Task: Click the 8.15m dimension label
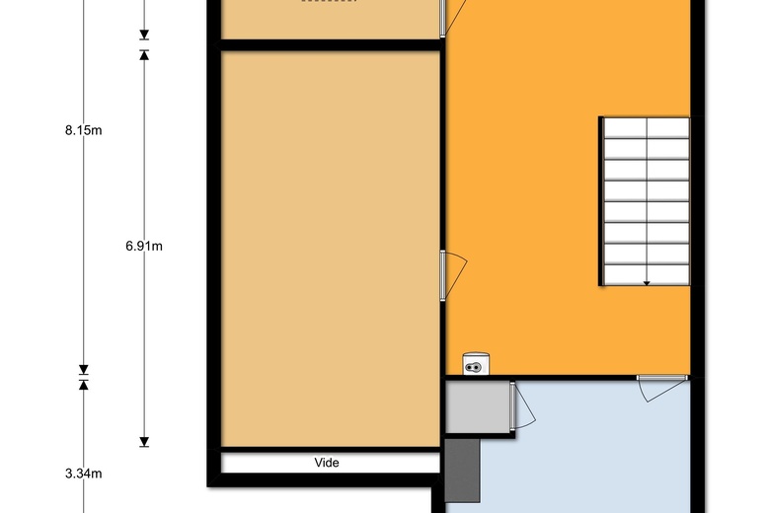(x=83, y=129)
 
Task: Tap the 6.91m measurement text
(x=144, y=247)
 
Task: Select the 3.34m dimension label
(x=83, y=474)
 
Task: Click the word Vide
(x=327, y=463)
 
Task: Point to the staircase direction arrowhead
(x=647, y=283)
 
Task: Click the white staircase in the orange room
(x=646, y=201)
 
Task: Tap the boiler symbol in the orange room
(x=476, y=365)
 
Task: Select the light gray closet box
(x=477, y=406)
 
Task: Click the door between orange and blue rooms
(x=656, y=387)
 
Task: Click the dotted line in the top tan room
(x=330, y=2)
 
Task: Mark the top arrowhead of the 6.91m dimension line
(x=144, y=55)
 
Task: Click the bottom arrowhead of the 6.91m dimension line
(x=144, y=441)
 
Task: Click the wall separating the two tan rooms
(x=326, y=44)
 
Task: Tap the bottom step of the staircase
(x=646, y=274)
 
